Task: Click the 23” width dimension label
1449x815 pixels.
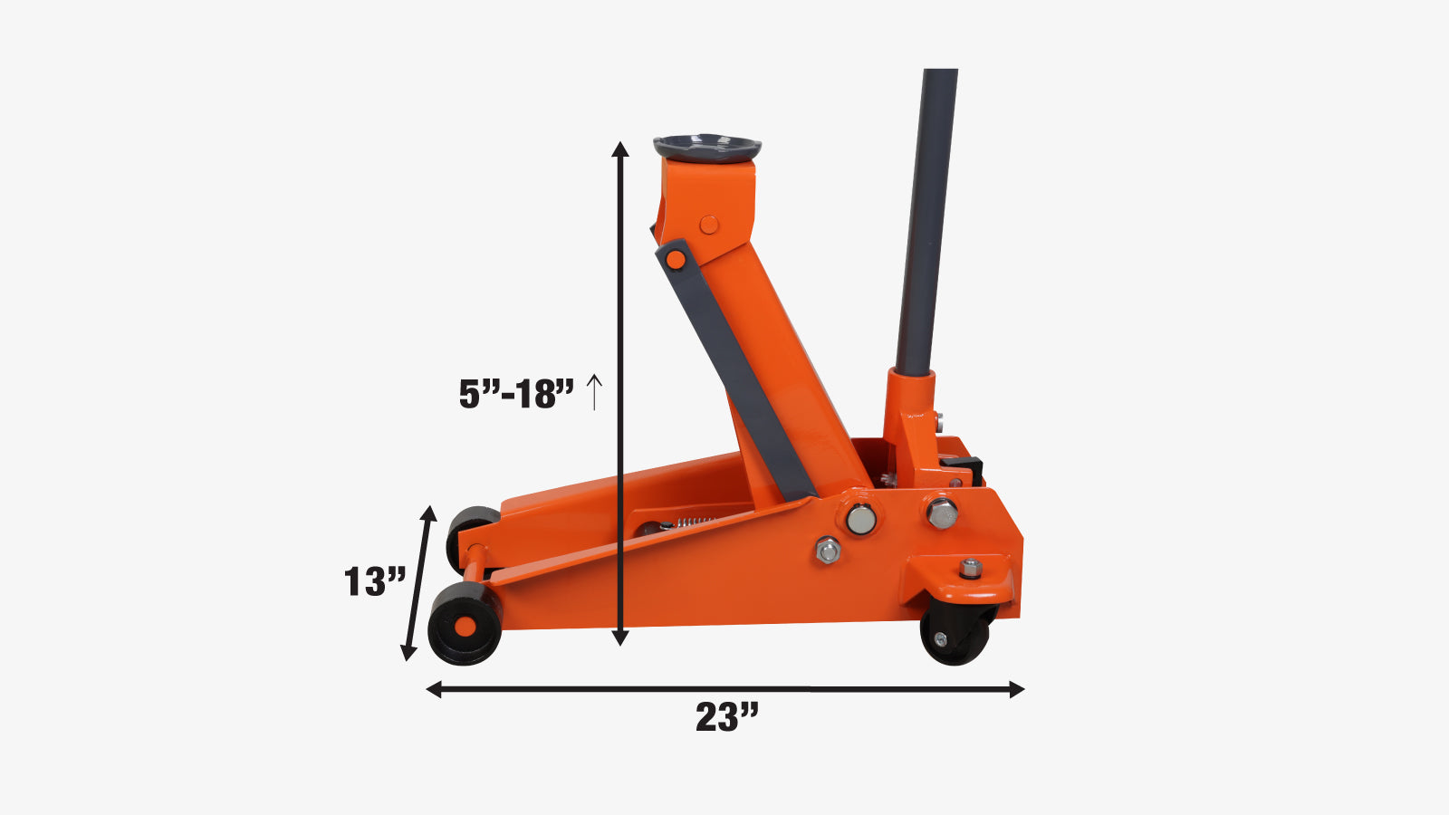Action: pos(726,716)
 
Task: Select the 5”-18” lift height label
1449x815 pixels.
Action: pos(516,394)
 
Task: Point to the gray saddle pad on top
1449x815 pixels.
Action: pos(707,149)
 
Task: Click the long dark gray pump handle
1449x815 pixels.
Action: pos(926,221)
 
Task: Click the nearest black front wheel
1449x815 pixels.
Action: pos(465,624)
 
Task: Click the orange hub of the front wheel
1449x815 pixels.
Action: pos(465,626)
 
